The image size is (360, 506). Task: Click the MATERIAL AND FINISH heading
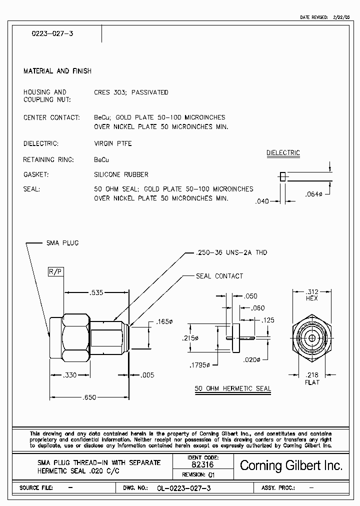(x=57, y=71)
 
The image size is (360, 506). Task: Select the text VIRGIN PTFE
(x=113, y=143)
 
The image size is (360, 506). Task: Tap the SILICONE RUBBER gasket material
(x=121, y=174)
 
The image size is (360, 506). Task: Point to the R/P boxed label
(x=55, y=271)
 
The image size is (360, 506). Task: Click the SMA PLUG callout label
(x=62, y=243)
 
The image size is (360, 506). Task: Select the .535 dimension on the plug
(x=96, y=292)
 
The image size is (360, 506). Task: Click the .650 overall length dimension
(x=89, y=397)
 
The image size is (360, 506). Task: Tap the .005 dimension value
(x=148, y=374)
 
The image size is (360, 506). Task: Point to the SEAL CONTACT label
(x=219, y=276)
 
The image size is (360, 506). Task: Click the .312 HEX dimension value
(x=312, y=291)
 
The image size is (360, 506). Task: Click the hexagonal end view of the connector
(x=312, y=338)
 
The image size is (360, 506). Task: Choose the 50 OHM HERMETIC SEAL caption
(x=232, y=388)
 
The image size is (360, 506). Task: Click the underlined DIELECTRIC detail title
(x=283, y=153)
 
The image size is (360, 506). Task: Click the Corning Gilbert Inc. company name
(x=291, y=465)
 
